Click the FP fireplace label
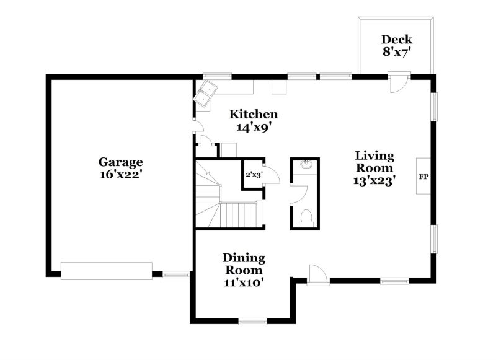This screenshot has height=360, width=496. point(424,177)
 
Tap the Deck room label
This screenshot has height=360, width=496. point(397,39)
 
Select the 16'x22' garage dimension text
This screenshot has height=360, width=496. point(120,175)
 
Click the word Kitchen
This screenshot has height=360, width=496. point(254,114)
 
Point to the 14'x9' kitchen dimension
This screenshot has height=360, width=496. point(254,127)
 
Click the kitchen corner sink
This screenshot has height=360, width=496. point(206,93)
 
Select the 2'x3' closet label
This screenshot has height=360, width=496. point(253,174)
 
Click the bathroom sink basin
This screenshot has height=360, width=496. point(305,165)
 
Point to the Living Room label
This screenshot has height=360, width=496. point(374,162)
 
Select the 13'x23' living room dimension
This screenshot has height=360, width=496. point(374,180)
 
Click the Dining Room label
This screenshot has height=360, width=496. point(244,264)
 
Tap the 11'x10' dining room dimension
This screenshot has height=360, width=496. point(244,283)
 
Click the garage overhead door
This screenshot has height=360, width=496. point(106,271)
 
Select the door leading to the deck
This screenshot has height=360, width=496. point(397,83)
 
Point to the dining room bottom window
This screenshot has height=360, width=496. point(252,321)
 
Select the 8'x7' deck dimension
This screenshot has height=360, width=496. point(397,52)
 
